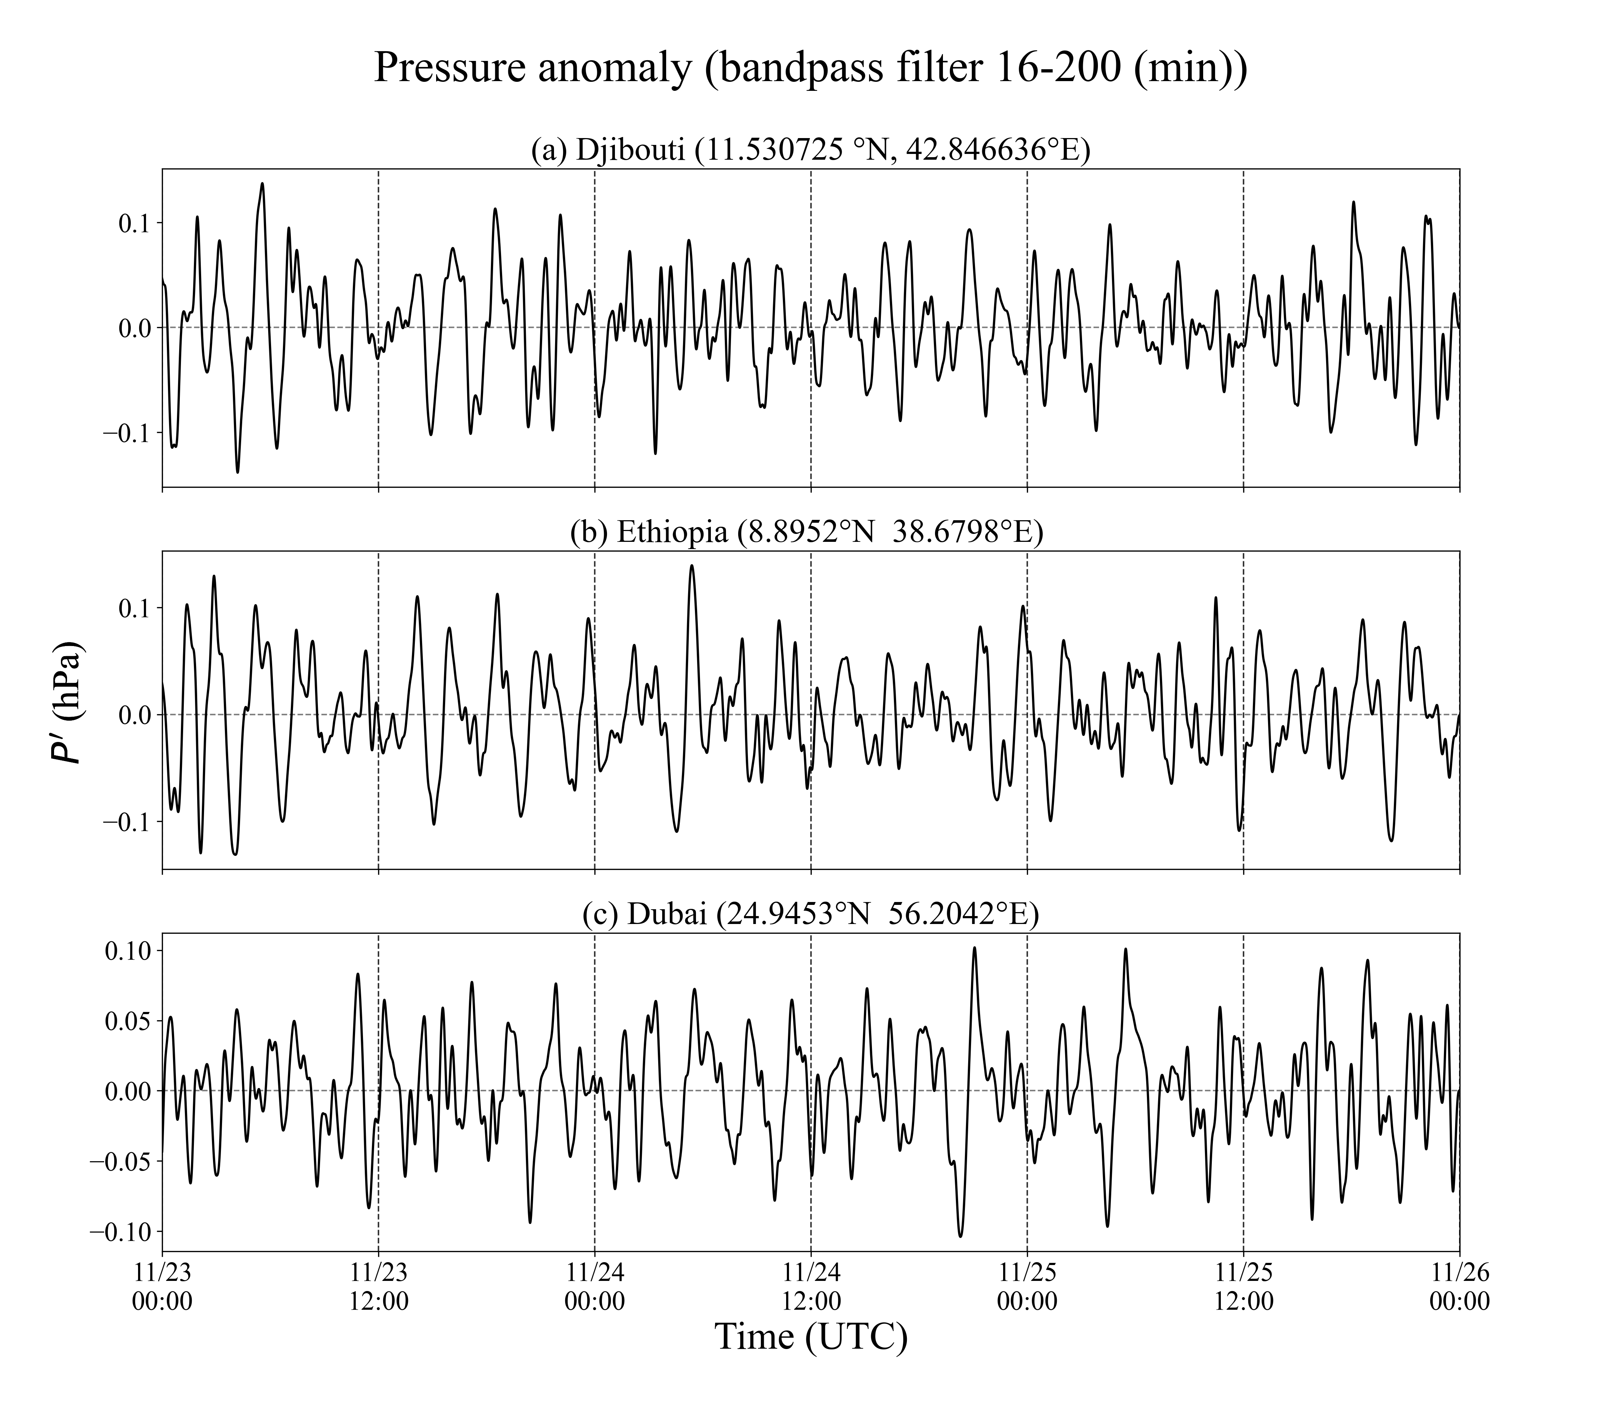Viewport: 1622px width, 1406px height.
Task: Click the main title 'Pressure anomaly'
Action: [810, 67]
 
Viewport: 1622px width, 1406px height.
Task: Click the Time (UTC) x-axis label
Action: [810, 1336]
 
